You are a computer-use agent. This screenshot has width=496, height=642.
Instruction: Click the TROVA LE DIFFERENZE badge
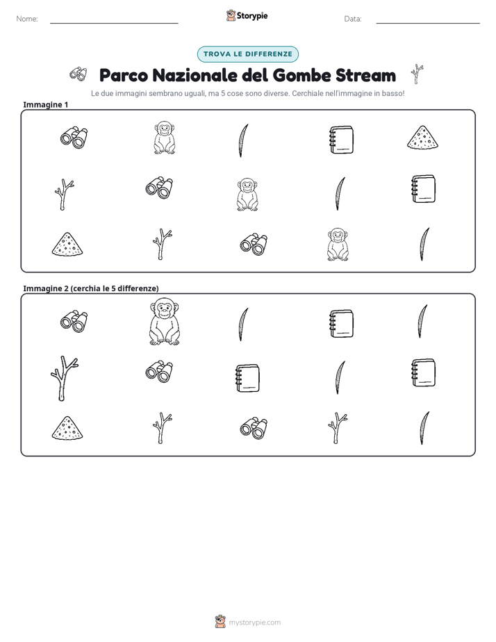pos(247,54)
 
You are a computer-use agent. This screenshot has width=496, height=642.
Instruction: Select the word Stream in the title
pos(365,75)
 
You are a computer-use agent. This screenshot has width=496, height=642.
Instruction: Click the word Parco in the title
pos(123,75)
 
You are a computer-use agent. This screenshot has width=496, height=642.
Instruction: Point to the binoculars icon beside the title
pos(78,74)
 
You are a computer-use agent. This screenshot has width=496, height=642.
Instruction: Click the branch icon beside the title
pos(417,74)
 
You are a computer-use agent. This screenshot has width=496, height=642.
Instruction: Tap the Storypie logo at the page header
pos(247,15)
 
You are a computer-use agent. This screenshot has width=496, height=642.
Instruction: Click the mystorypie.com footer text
pos(254,623)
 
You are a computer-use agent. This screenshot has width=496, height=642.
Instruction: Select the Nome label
pos(27,19)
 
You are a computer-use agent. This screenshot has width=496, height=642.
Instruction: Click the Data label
pos(353,19)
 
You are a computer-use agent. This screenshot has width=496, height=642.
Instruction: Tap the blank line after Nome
pos(114,23)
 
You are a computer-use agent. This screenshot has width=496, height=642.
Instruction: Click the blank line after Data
pos(428,23)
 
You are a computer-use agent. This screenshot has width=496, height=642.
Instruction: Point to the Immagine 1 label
pos(45,104)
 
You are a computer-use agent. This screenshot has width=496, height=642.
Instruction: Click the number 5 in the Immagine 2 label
pos(113,288)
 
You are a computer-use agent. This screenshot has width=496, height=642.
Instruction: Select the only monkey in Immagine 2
pos(165,322)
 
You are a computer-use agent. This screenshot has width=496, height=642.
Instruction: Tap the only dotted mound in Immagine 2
pos(67,428)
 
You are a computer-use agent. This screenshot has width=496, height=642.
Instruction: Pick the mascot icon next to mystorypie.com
pos(220,622)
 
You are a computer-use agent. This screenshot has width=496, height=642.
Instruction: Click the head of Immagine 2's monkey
pos(164,308)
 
